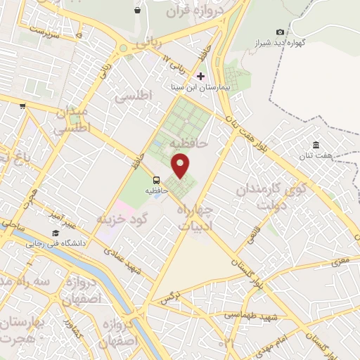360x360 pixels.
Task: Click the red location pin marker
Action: pyautogui.click(x=181, y=166)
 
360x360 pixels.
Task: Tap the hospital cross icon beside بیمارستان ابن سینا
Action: pyautogui.click(x=200, y=75)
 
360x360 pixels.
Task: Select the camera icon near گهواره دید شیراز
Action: pyautogui.click(x=281, y=32)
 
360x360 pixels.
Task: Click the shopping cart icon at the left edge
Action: pyautogui.click(x=23, y=106)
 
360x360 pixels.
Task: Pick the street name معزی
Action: pyautogui.click(x=341, y=262)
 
